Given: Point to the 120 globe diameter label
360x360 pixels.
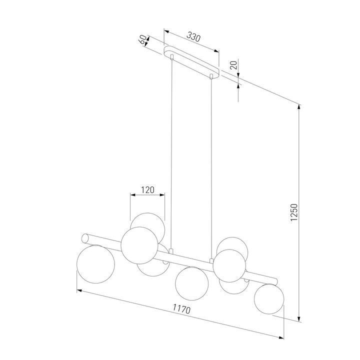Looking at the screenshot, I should coord(147,190).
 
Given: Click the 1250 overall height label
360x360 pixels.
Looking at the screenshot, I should coord(294,212).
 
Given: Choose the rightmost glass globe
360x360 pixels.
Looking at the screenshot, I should coord(269,299).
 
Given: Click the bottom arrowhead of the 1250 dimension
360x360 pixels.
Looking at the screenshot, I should coord(299,319).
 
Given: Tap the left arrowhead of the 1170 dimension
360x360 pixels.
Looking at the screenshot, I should coord(79,289).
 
